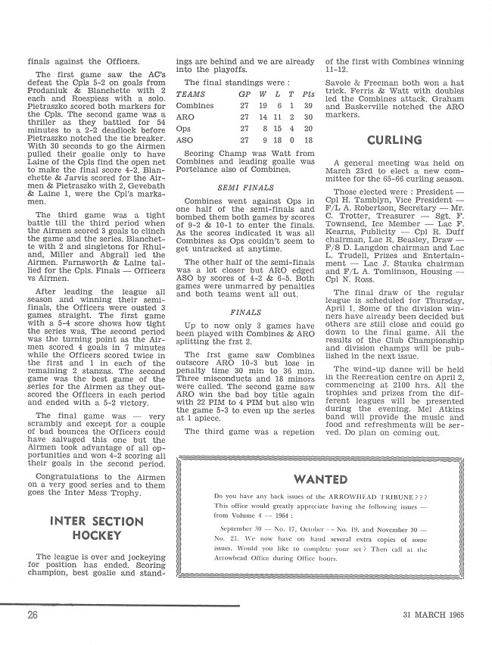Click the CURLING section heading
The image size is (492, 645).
394,140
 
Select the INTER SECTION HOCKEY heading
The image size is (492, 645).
96,528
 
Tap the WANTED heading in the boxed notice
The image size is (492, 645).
320,479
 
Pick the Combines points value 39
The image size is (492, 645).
307,106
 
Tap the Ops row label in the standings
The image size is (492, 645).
184,129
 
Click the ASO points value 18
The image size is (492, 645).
307,140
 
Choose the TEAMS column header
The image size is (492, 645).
191,94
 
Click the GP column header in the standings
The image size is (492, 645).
245,94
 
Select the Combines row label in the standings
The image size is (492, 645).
195,106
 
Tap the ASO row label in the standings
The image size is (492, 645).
184,140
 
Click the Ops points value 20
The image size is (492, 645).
307,129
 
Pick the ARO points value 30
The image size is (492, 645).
307,117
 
